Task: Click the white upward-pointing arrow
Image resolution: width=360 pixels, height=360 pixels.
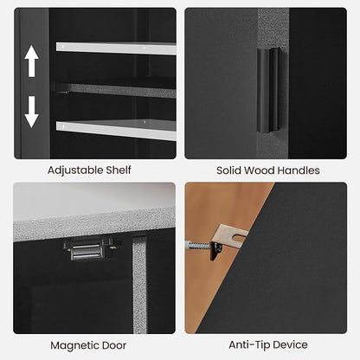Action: (x=31, y=61)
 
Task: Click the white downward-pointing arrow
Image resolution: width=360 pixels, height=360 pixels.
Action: (x=31, y=112)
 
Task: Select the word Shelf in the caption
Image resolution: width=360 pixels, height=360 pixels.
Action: (x=119, y=170)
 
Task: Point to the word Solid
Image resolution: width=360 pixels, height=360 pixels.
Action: (x=228, y=170)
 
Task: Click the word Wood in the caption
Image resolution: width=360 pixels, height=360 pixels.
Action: (x=259, y=170)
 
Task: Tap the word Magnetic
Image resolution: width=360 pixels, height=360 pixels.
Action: (x=76, y=345)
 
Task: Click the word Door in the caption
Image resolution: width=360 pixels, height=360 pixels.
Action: (x=116, y=345)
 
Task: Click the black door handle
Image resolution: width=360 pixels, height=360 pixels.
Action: (x=268, y=91)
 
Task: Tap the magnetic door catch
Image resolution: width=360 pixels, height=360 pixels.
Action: (x=87, y=249)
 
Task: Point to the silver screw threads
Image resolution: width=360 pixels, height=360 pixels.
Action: (x=199, y=246)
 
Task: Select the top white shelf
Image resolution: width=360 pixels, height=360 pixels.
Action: (x=116, y=48)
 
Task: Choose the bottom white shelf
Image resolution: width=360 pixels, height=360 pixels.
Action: (x=116, y=131)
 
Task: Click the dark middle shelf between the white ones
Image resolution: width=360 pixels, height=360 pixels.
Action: (x=117, y=91)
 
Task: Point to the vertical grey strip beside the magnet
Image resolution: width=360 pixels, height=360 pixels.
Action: (x=140, y=285)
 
